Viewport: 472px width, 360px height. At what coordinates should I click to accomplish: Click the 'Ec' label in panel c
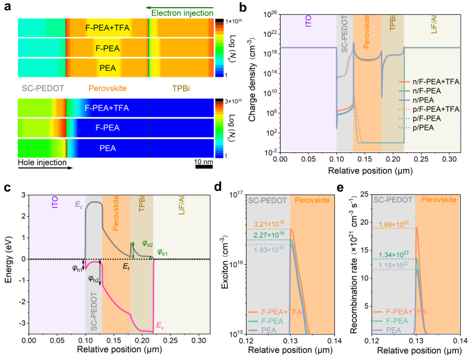(78, 204)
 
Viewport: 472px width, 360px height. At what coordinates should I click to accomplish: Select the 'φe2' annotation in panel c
(147, 243)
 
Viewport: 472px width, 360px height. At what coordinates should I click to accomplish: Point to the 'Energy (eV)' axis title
(8, 262)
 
